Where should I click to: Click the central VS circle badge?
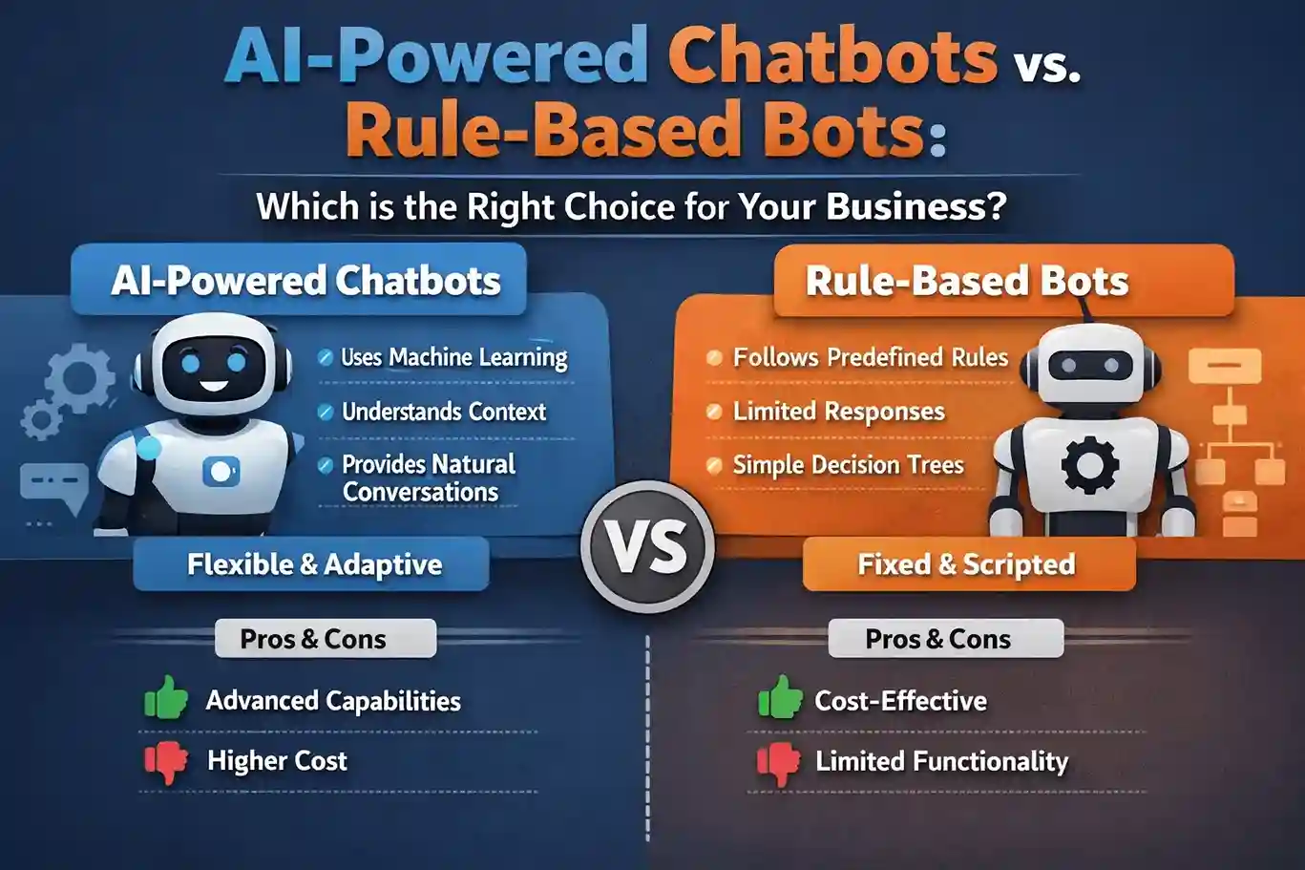[648, 547]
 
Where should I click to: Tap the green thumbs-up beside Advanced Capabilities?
[166, 699]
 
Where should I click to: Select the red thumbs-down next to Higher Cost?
[166, 761]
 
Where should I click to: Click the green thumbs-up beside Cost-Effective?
[780, 699]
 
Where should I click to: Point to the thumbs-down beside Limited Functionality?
[779, 763]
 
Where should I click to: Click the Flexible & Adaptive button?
[312, 564]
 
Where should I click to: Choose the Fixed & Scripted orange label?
[968, 564]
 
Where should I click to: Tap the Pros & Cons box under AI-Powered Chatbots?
[325, 638]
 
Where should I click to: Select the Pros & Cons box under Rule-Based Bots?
[945, 638]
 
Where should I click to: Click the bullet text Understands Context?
[443, 412]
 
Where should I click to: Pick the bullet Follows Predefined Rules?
[870, 357]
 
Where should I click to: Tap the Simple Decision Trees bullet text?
[848, 465]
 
